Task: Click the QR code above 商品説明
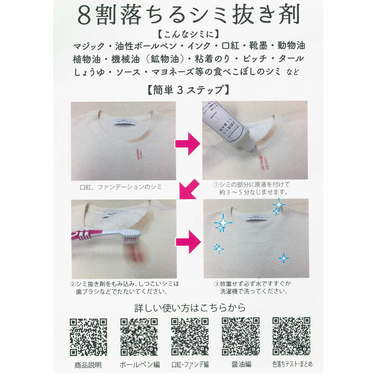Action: click(88, 337)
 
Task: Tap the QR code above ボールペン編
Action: click(139, 337)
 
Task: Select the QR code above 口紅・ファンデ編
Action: click(189, 337)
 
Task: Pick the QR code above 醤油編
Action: click(241, 337)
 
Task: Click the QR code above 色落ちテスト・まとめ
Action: click(291, 337)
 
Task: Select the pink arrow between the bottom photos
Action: click(189, 241)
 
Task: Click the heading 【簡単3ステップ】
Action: click(186, 90)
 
